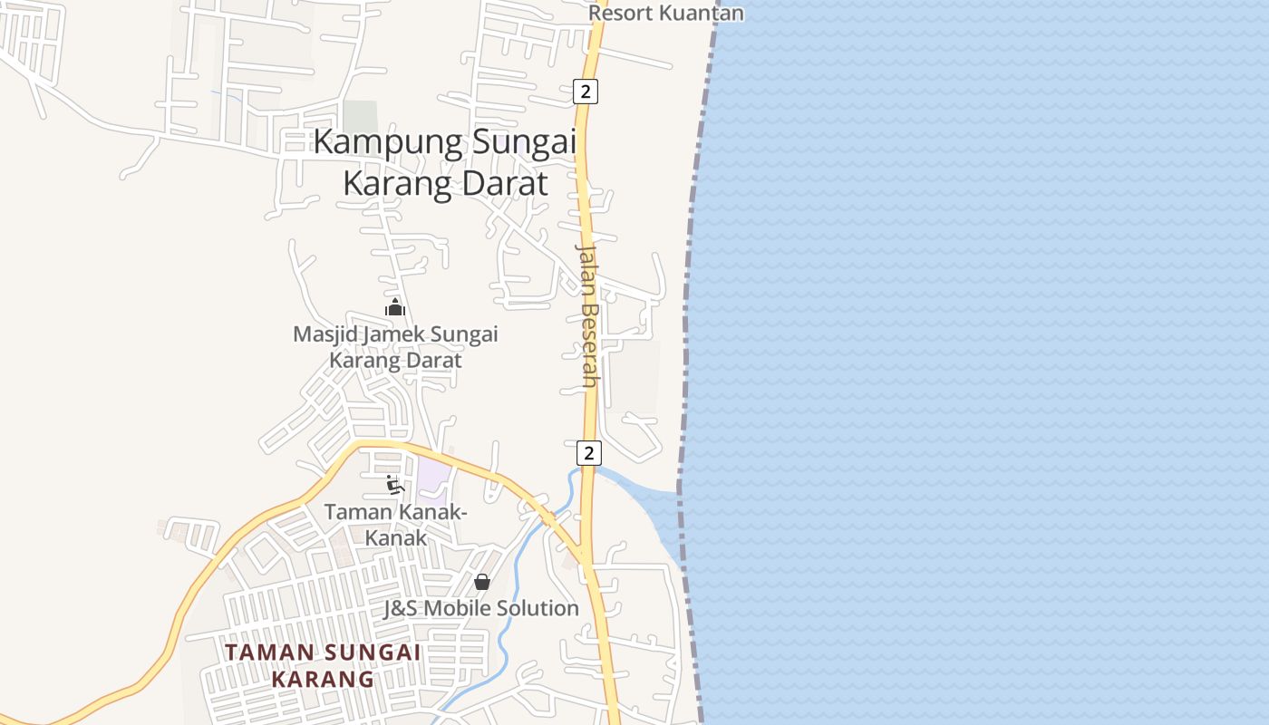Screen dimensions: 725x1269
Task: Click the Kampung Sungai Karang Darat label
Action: pos(445,163)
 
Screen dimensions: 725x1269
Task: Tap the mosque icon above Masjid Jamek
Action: pos(394,307)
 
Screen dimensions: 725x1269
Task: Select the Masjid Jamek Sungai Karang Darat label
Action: pos(395,347)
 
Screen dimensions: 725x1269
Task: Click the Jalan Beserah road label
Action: pos(588,315)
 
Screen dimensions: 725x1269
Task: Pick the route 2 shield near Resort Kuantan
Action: pos(586,91)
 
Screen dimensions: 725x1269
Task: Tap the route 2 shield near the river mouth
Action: pos(588,452)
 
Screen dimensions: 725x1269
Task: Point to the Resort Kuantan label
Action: pos(666,13)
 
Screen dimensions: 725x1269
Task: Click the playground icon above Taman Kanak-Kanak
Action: pos(394,485)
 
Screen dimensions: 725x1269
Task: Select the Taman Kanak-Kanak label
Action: pos(395,524)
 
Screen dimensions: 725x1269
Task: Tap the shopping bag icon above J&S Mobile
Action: pos(482,582)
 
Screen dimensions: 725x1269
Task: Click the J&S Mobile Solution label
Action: pos(480,608)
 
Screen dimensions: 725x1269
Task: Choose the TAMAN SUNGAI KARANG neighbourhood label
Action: pos(323,665)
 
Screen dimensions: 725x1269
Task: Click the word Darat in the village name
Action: pos(504,184)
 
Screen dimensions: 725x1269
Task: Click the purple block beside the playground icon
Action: pos(432,478)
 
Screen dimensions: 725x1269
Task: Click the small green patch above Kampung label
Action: pos(360,116)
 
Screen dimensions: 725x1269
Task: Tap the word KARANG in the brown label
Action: pos(323,679)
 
